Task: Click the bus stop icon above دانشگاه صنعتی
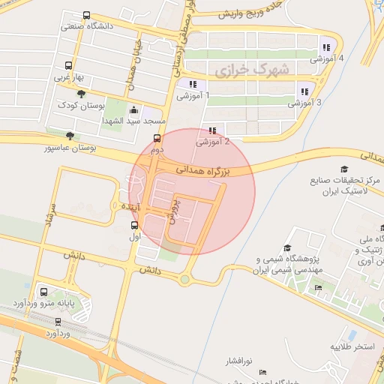[87, 15]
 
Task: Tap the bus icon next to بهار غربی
[69, 65]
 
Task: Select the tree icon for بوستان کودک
[80, 94]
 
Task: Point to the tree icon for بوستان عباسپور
[70, 136]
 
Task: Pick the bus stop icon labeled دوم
[157, 139]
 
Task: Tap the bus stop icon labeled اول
[135, 225]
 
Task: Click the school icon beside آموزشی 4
[325, 43]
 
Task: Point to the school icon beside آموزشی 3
[304, 91]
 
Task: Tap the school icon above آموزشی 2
[213, 129]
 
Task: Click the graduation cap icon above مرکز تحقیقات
[344, 169]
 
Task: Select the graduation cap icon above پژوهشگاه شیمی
[287, 248]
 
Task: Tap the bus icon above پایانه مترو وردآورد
[43, 292]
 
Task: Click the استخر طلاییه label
[353, 348]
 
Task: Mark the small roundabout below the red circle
[184, 280]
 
